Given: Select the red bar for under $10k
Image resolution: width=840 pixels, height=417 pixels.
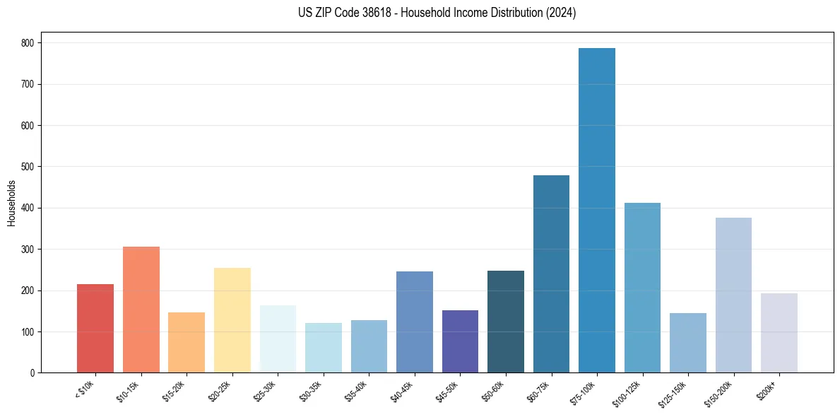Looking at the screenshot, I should click(x=95, y=329).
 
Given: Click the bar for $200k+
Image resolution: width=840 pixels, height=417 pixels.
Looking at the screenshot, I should click(x=779, y=333).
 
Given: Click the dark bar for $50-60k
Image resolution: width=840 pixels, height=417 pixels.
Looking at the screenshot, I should click(x=506, y=322).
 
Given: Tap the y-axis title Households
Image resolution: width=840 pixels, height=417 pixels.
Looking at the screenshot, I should click(x=11, y=203).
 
